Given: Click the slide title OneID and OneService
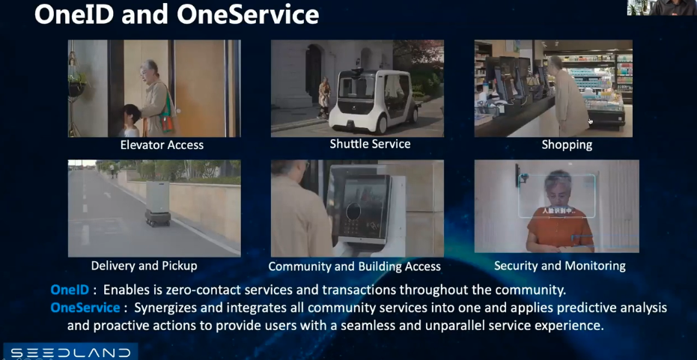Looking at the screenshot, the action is [x=177, y=14].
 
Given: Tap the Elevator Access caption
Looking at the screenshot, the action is [x=162, y=145].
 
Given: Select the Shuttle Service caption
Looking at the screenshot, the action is [x=371, y=144].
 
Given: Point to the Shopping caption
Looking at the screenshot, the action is [x=567, y=145].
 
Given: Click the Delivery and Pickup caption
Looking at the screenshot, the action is [x=144, y=266].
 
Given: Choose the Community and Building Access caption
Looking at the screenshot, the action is [x=355, y=266].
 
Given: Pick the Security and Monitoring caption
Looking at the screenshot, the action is [x=560, y=266].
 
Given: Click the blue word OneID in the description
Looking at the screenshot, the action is [x=70, y=290].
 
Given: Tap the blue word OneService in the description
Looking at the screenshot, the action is [x=85, y=308].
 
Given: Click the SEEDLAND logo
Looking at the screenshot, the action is [x=70, y=353].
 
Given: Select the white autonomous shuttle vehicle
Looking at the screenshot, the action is [x=374, y=102].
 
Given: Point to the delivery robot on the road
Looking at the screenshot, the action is [x=157, y=204].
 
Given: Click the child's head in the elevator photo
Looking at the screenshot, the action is [x=132, y=115].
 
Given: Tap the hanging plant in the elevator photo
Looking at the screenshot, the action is [x=77, y=83].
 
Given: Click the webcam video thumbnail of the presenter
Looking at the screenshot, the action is [x=662, y=7].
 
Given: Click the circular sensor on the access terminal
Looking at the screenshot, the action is [x=353, y=211].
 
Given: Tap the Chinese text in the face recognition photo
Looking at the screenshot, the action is [x=558, y=211].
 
